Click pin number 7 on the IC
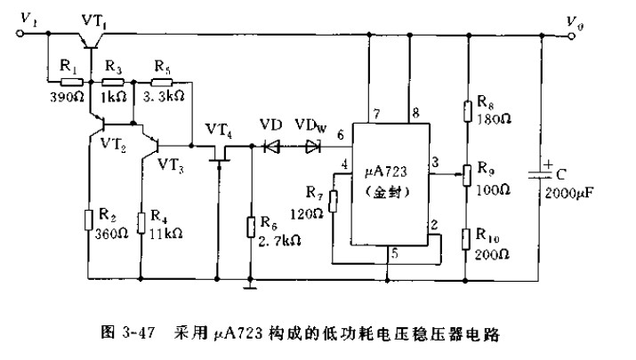377,113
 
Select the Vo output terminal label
604,19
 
